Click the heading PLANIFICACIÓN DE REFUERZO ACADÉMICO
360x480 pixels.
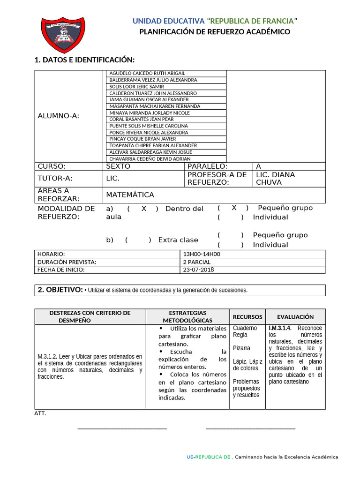215,32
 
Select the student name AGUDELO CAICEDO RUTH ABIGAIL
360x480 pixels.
147,73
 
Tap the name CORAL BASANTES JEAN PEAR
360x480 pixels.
142,119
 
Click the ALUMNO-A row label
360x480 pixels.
59,116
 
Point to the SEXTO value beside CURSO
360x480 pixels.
118,166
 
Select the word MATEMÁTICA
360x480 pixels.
130,195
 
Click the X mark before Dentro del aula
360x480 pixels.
144,209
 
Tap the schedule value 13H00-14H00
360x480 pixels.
202,254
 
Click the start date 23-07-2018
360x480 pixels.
199,270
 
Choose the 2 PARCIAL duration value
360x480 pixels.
197,262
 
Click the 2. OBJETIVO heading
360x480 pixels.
60,290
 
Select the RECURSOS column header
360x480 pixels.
247,317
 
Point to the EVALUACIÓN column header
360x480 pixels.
295,317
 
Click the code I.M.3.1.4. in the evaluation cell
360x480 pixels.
280,328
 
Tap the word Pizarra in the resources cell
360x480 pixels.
241,348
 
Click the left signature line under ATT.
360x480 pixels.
122,428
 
